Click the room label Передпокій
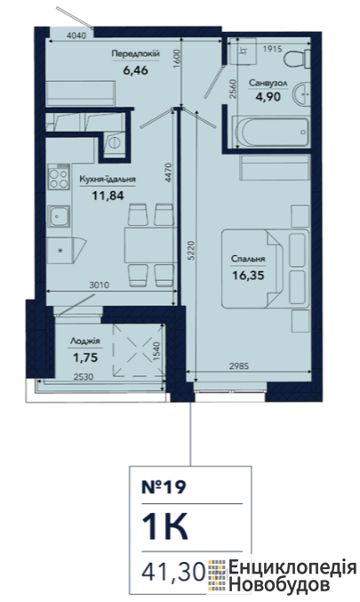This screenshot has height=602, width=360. (x=135, y=54)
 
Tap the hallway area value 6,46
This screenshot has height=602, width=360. (x=135, y=70)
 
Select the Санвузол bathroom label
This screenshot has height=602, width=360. (x=268, y=83)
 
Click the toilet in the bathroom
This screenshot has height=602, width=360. (x=298, y=59)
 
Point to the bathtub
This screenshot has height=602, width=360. (x=273, y=132)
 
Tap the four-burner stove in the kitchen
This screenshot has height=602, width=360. (x=59, y=176)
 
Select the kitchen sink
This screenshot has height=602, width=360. (x=59, y=216)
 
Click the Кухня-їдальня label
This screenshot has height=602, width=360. (x=108, y=180)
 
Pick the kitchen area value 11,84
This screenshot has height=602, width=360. (x=108, y=196)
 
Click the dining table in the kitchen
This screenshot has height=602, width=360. (x=150, y=245)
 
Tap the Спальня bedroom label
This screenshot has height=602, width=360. (x=248, y=259)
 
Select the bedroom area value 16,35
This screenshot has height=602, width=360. (x=248, y=276)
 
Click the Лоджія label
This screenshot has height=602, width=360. (x=85, y=341)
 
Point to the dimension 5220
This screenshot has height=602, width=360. (x=191, y=251)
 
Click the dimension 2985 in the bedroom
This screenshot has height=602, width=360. (x=239, y=366)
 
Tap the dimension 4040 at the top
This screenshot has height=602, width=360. (x=76, y=36)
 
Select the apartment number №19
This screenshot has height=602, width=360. (x=164, y=486)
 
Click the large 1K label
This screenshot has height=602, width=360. (x=165, y=527)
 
